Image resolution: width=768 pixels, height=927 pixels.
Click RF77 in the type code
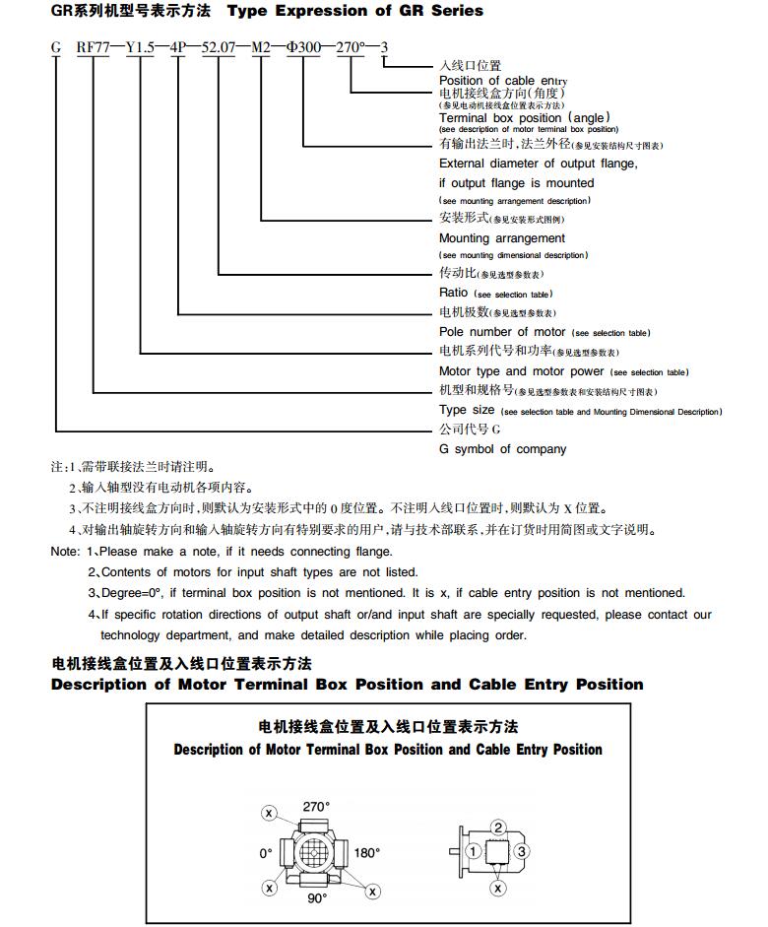point(94,46)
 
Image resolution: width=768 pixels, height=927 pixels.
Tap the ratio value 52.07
point(218,46)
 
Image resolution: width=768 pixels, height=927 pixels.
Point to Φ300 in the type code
point(304,46)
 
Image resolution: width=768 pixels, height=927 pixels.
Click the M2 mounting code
point(261,46)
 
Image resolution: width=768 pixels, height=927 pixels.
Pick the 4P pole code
point(178,46)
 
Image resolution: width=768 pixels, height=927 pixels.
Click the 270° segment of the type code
point(352,46)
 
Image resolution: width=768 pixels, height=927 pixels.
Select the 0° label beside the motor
point(266,853)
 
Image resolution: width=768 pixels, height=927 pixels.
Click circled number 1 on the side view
point(474,850)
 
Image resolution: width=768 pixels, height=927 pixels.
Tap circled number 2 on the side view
point(499,828)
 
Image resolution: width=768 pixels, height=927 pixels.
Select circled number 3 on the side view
point(523,850)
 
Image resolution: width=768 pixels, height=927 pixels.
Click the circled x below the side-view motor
point(498,889)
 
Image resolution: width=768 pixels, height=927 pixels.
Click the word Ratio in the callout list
point(454,293)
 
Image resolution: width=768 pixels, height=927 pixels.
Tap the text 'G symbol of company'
point(502,449)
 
